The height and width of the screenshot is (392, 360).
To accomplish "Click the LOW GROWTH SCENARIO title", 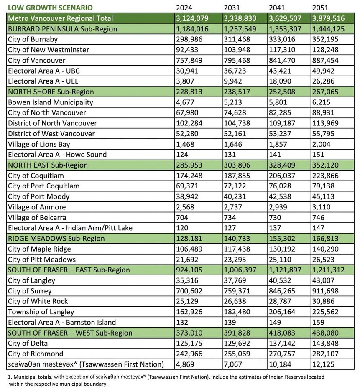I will [50, 8].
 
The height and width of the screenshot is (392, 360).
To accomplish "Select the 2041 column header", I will [278, 8].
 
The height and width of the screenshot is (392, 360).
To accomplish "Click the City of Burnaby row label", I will [33, 39].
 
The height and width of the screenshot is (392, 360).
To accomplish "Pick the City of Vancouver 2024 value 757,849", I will [190, 60].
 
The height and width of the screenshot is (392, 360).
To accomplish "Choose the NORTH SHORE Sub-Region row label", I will [51, 92].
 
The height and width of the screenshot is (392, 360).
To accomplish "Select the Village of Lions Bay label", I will [39, 144].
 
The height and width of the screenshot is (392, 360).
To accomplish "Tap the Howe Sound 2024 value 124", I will [182, 155].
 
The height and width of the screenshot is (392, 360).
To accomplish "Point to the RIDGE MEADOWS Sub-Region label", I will [56, 238].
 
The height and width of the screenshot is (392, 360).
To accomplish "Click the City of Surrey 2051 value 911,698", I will [327, 291].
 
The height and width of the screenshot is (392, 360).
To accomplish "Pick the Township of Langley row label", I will [41, 312].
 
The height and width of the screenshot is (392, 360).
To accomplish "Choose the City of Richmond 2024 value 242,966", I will [190, 354].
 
